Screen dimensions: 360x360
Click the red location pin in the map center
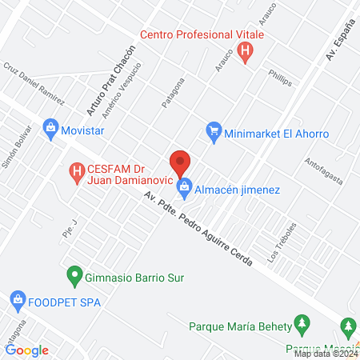point(180,162)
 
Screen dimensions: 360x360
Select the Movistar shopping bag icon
point(51,127)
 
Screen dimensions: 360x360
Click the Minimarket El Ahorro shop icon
point(214,132)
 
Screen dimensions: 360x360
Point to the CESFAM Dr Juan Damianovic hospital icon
point(77,170)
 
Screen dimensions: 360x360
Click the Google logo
point(27,350)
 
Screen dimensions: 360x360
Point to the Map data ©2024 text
point(325,353)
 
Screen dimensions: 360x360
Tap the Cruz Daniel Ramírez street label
point(34,83)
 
